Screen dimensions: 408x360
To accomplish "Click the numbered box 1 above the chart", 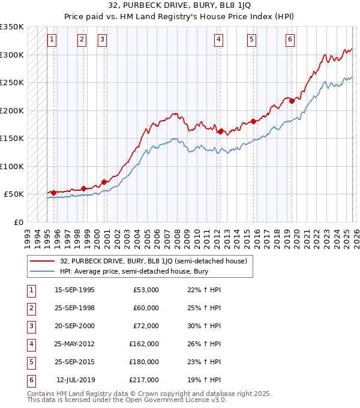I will click(52, 40).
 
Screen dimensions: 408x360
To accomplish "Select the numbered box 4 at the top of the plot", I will click(218, 40).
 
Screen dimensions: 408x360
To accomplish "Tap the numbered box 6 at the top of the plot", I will click(290, 40).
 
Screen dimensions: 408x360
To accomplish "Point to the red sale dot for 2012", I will click(221, 131).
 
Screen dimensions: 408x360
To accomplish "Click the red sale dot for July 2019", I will click(292, 101).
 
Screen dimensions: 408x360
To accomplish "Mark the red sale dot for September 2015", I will click(254, 121).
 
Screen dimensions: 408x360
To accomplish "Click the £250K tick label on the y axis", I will click(12, 83).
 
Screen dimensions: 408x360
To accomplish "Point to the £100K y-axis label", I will click(12, 166).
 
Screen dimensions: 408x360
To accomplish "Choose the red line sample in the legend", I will click(43, 261).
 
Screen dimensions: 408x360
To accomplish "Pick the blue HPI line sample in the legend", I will click(43, 272).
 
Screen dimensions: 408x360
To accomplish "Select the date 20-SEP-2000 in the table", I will click(74, 326).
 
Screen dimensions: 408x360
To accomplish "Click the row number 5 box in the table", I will click(30, 362).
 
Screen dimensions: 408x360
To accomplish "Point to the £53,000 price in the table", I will click(146, 290).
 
